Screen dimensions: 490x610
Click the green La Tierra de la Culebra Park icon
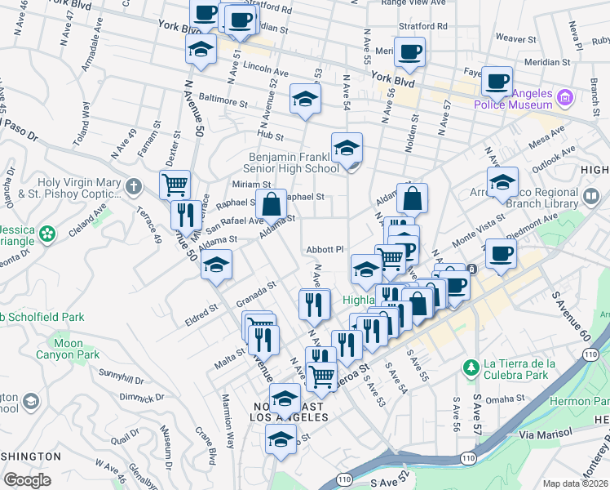pyautogui.click(x=470, y=367)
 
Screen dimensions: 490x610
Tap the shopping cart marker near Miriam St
pyautogui.click(x=175, y=185)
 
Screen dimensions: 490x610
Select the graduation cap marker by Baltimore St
pyautogui.click(x=306, y=99)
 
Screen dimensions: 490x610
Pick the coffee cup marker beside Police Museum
pyautogui.click(x=497, y=81)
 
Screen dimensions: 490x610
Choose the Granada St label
pyautogui.click(x=252, y=290)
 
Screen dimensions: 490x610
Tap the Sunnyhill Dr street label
pyautogui.click(x=121, y=376)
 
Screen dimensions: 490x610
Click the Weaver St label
pyautogui.click(x=515, y=38)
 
